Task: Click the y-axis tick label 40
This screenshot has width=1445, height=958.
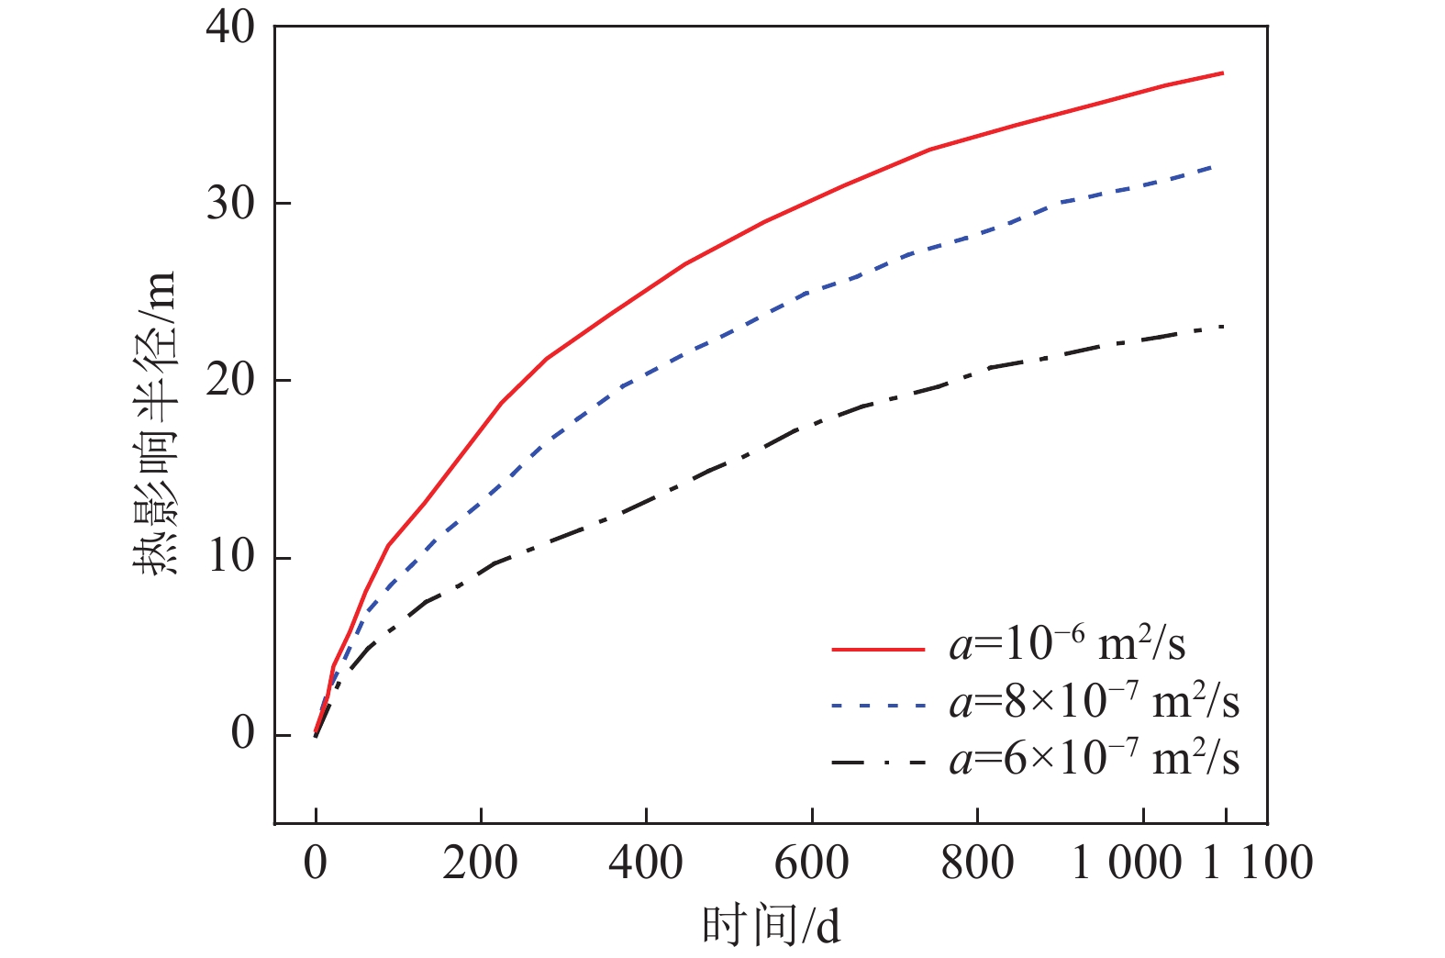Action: click(230, 28)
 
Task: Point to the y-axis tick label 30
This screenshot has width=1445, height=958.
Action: click(230, 204)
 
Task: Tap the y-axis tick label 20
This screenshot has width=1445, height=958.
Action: click(230, 381)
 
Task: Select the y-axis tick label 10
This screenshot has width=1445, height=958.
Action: click(230, 558)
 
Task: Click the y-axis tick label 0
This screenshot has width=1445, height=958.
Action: click(242, 734)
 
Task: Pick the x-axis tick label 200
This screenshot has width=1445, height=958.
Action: click(480, 863)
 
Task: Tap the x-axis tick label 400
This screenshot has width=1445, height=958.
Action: click(646, 863)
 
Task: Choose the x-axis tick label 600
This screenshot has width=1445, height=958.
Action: click(812, 863)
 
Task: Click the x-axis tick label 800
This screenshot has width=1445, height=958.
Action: click(977, 863)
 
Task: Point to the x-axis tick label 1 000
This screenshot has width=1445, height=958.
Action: click(1127, 863)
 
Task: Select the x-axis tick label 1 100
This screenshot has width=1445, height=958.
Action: click(1258, 863)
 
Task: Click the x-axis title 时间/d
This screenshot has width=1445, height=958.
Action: click(771, 925)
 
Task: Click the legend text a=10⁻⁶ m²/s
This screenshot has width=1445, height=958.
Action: click(1067, 644)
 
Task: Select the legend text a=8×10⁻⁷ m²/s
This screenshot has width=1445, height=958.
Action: click(1094, 702)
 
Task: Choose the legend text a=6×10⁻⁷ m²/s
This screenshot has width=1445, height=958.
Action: click(1094, 760)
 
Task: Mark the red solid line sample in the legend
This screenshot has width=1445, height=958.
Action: click(878, 649)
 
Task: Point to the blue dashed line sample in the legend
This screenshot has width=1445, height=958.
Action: click(878, 706)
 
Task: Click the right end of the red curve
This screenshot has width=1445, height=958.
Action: click(1223, 72)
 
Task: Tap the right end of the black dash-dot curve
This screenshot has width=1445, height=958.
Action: click(1223, 327)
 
